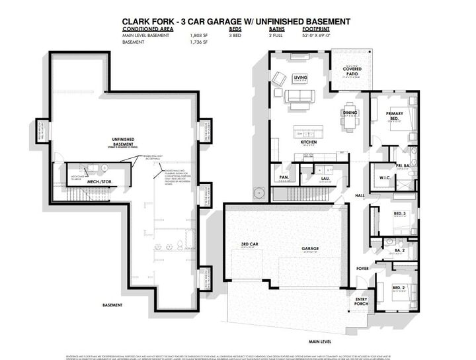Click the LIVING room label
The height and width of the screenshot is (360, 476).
301,78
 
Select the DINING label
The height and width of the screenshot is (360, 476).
350,112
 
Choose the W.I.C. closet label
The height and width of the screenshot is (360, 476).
387,177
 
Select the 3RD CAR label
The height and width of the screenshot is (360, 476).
249,245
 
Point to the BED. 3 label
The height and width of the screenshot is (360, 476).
399,214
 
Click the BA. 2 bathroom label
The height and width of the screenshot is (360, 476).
401,250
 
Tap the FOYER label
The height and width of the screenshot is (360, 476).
362,269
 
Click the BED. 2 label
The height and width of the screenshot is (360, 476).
399,287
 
